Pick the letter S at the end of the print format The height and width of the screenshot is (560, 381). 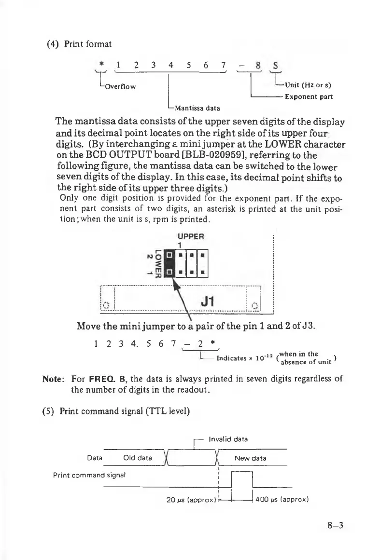(x=275, y=64)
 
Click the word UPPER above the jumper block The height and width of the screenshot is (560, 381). (x=191, y=236)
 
